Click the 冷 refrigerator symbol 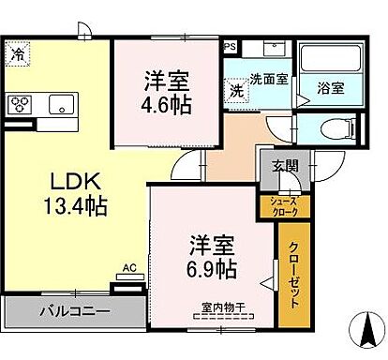point(18,55)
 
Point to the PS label point(230,45)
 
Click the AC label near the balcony point(129,267)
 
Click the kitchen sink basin point(60,103)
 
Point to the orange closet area point(293,281)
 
